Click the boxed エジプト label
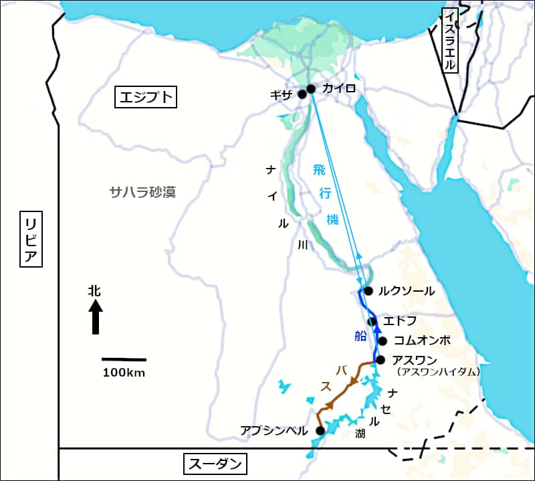[x=146, y=98]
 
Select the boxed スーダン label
[x=214, y=464]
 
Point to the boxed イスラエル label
[x=451, y=40]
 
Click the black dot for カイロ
[x=310, y=88]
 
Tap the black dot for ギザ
[x=302, y=94]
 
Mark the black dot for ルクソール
[x=368, y=290]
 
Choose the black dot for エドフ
[x=372, y=322]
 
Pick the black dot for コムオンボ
[x=383, y=341]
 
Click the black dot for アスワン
[x=381, y=360]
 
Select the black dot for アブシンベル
[x=320, y=430]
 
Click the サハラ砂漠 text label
[x=142, y=193]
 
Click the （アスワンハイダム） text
[x=438, y=371]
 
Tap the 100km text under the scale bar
[x=124, y=373]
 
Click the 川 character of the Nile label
[x=302, y=246]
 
